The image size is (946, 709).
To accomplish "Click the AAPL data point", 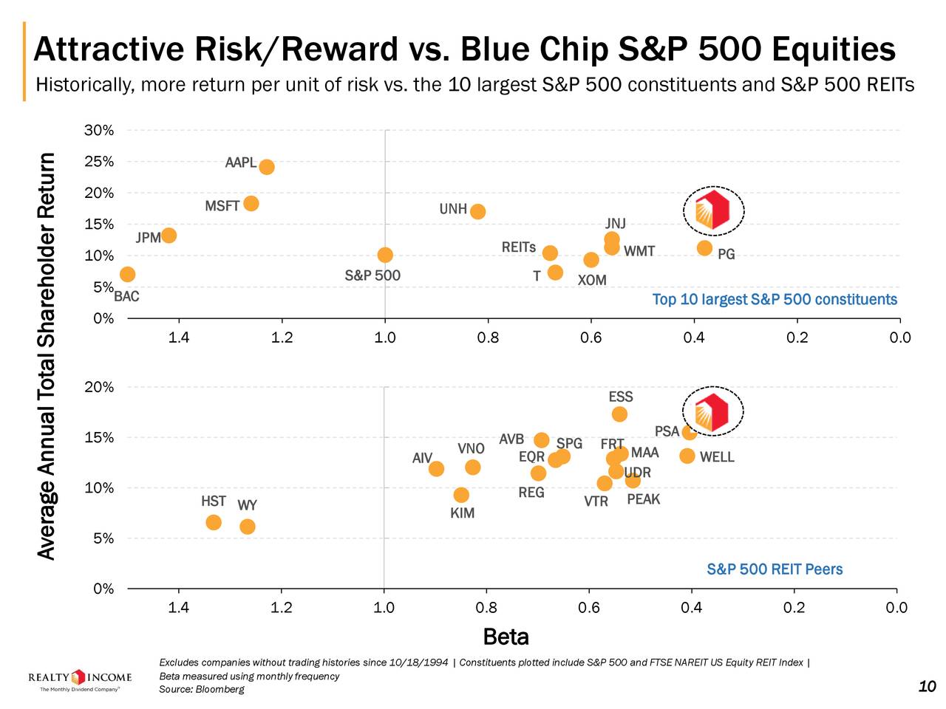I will tap(267, 167).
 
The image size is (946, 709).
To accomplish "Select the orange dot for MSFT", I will tap(251, 203).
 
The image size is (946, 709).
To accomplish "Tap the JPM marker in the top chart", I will tap(169, 236).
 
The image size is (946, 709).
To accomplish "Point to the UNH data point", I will tap(478, 211).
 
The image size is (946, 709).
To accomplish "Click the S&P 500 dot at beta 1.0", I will tap(385, 255).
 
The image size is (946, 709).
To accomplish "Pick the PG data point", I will tap(704, 247).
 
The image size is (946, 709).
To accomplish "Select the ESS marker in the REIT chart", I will tap(619, 414).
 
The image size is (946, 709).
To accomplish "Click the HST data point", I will tap(214, 523).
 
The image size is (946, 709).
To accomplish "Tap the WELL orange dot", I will tap(687, 456).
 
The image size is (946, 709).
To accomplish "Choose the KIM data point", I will tap(461, 495).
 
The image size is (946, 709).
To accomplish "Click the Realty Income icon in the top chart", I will tap(713, 210).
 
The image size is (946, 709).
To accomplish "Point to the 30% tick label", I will tap(99, 131).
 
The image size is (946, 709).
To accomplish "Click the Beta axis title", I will tap(506, 637).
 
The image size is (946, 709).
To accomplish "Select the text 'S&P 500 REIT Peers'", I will tap(775, 569).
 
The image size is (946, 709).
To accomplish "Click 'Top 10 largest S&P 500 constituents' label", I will tap(775, 299).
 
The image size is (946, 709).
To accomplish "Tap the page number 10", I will tap(927, 687).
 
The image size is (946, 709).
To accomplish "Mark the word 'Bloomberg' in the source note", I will tap(220, 690).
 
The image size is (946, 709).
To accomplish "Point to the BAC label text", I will tap(126, 297).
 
